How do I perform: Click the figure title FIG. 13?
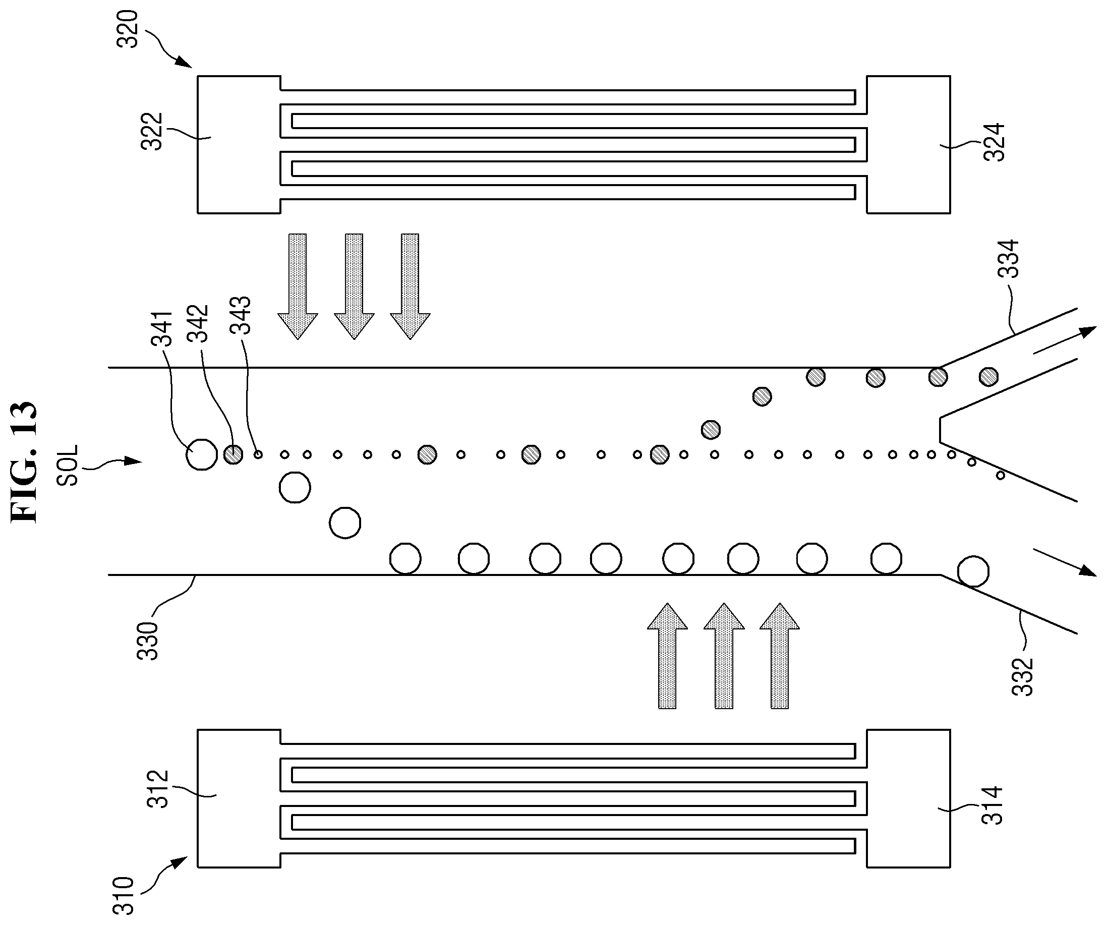coord(24,461)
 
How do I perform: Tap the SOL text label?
coord(68,465)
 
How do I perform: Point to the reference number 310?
coord(124,894)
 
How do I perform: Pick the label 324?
coord(995,142)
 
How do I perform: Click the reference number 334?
coord(1009,259)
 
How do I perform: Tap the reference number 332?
coord(1023,677)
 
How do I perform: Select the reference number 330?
coord(148,642)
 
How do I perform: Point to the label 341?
coord(162,328)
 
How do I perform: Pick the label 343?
coord(241,315)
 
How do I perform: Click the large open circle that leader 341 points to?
coord(202,454)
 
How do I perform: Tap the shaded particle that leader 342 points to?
coord(233,454)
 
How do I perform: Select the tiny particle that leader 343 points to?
coord(258,454)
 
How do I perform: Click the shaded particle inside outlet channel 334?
coord(988,376)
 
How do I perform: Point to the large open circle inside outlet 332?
coord(973,571)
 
